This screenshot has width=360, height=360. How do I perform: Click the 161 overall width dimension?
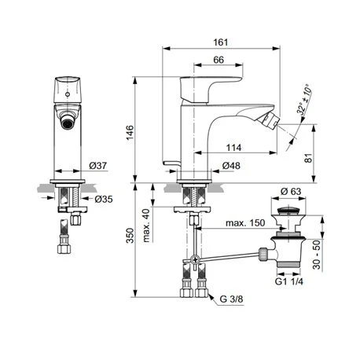[x=220, y=42]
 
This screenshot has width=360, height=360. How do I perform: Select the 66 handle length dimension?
[x=219, y=60]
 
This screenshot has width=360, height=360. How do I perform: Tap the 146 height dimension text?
[x=130, y=133]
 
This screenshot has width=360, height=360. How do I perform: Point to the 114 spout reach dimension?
[x=233, y=148]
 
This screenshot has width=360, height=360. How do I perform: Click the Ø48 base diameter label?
[x=231, y=166]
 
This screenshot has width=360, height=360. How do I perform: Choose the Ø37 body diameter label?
[x=97, y=166]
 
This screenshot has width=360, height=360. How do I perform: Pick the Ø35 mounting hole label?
[x=104, y=199]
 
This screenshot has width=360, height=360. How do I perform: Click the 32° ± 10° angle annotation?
[x=304, y=99]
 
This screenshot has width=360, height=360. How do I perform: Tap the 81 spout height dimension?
[x=309, y=158]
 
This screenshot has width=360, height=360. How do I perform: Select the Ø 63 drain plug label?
[x=291, y=191]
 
